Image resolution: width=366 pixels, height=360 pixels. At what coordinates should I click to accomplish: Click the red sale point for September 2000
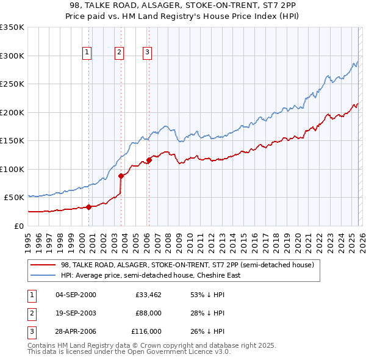coord(89,207)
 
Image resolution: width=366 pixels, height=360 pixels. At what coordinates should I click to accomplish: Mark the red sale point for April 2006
coord(149,160)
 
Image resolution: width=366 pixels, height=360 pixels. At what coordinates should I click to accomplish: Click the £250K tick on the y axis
coord(12,84)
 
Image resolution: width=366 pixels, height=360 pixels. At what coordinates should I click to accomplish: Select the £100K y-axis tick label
coord(12,169)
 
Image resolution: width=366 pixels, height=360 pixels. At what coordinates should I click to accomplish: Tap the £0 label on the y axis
coord(18,226)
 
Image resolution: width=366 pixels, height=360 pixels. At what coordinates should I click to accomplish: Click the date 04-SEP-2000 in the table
coord(76,295)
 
